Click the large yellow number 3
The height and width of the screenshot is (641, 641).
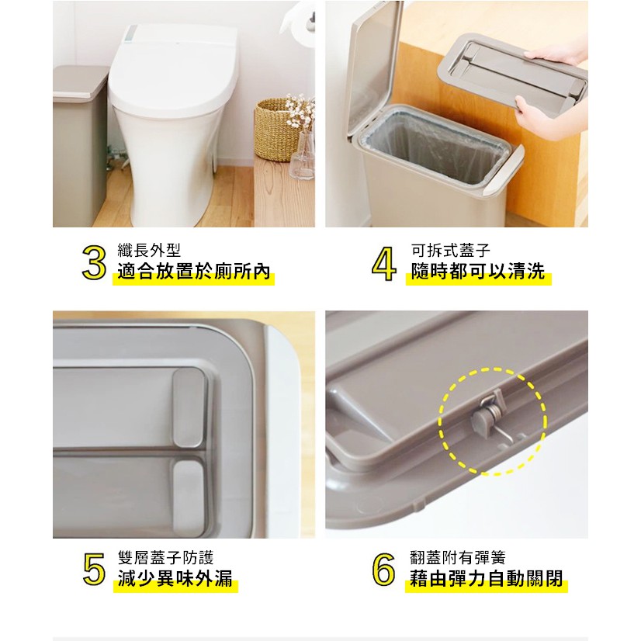(x=94, y=262)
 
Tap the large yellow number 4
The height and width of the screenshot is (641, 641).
(x=384, y=263)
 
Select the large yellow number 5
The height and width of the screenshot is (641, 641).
(x=94, y=569)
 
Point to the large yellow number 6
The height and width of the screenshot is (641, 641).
(x=383, y=569)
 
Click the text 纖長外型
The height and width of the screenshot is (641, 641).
(x=149, y=250)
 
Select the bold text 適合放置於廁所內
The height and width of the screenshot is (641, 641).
(x=194, y=272)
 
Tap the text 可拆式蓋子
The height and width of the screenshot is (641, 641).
(x=451, y=250)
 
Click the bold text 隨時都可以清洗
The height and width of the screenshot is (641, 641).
(x=478, y=272)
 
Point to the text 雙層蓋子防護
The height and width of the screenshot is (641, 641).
(x=165, y=558)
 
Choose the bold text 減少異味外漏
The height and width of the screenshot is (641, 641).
(x=175, y=579)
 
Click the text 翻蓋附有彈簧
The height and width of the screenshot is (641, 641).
(x=458, y=558)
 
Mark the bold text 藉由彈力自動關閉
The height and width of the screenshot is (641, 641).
(x=487, y=579)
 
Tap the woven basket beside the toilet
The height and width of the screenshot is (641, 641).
(x=278, y=130)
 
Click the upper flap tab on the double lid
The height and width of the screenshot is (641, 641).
(x=189, y=407)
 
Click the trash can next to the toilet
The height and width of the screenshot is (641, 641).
(x=79, y=146)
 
